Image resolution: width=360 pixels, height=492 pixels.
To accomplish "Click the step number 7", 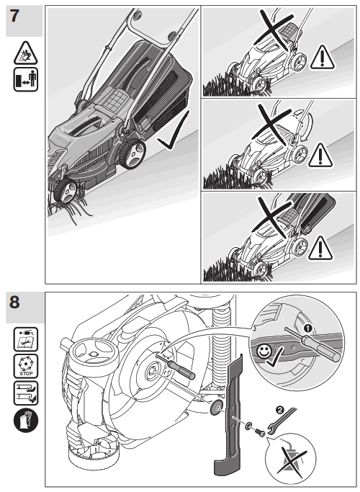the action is click(14, 16).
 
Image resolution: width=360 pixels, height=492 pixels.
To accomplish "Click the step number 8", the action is click(14, 302).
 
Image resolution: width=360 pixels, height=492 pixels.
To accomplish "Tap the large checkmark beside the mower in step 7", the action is click(174, 130).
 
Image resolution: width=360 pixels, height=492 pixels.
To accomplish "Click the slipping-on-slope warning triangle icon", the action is click(25, 53).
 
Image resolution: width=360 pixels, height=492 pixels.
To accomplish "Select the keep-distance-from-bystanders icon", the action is click(25, 79).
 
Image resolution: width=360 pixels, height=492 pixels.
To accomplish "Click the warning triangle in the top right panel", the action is click(323, 58).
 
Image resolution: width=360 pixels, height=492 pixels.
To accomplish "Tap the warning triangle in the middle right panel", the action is click(320, 155).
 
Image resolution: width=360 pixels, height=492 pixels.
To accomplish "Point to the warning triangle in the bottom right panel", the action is click(320, 249).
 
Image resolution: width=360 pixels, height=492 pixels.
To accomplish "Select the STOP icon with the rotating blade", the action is click(26, 366).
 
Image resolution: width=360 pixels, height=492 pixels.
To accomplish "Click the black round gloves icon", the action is click(26, 421).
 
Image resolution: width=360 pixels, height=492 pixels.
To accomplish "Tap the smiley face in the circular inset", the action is click(263, 351).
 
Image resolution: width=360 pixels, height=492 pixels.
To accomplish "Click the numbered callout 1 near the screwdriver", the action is click(307, 328).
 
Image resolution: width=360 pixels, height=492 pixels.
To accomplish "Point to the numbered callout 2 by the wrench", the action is click(280, 409).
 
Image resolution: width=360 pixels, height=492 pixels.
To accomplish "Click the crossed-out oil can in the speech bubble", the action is click(291, 460).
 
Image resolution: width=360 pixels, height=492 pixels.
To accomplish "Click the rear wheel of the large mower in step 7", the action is click(132, 154).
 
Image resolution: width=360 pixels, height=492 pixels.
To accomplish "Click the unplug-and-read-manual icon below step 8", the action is click(26, 339).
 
